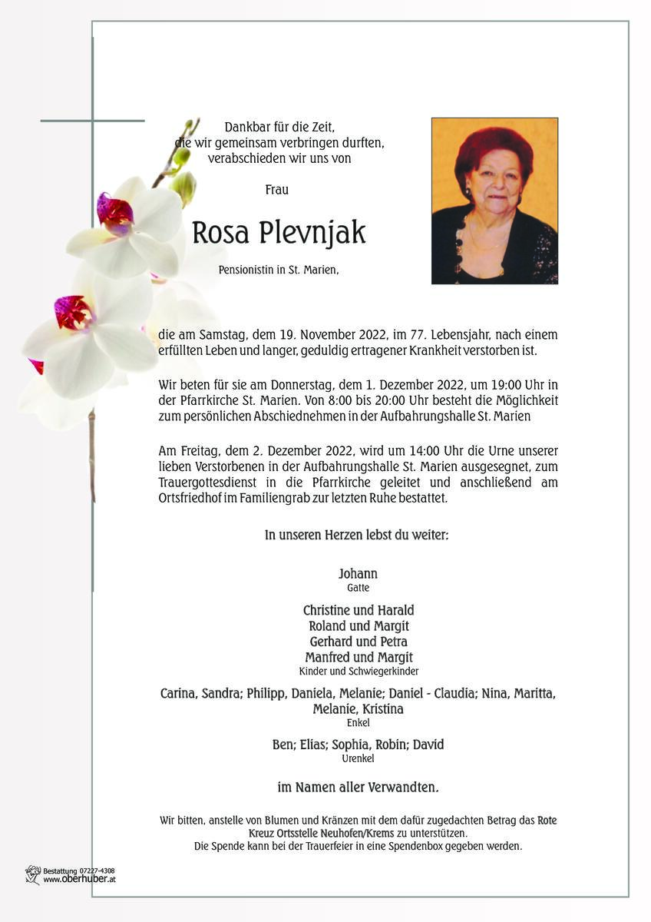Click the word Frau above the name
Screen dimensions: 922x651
pyautogui.click(x=276, y=189)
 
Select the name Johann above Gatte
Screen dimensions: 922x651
pyautogui.click(x=358, y=574)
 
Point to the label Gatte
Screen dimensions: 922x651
pyautogui.click(x=358, y=588)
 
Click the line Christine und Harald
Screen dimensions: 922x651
pyautogui.click(x=358, y=610)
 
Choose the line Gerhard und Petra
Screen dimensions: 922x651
pyautogui.click(x=358, y=642)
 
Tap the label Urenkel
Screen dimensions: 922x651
pyautogui.click(x=358, y=758)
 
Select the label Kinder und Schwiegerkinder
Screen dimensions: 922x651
pyautogui.click(x=358, y=671)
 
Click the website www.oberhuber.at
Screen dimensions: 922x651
pyautogui.click(x=78, y=880)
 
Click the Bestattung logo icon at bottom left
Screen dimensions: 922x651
pyautogui.click(x=32, y=874)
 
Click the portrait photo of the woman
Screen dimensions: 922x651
pyautogui.click(x=494, y=201)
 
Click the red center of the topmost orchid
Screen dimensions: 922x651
pyautogui.click(x=114, y=213)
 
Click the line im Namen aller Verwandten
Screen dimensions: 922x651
pyautogui.click(x=358, y=788)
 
